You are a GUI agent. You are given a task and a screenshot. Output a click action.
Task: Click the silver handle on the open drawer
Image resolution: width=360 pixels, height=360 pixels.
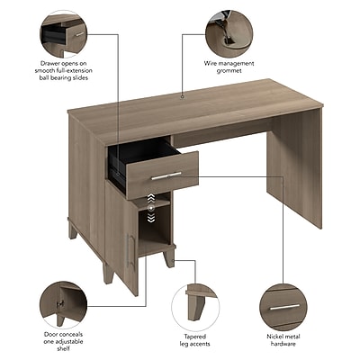click(166, 175)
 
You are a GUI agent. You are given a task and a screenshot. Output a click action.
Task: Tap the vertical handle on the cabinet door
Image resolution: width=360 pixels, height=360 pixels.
click(129, 250)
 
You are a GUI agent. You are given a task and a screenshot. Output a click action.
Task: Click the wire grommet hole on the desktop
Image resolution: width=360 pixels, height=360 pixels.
click(182, 97)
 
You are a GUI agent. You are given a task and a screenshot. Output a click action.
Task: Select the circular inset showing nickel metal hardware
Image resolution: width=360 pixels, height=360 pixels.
click(283, 307)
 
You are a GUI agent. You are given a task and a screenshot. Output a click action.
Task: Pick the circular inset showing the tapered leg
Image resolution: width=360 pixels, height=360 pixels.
click(195, 308)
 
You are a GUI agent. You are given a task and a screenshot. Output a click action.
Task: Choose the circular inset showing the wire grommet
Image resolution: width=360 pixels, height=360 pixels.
click(229, 33)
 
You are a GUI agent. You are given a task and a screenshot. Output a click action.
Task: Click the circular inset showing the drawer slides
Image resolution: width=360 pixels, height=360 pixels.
click(63, 33)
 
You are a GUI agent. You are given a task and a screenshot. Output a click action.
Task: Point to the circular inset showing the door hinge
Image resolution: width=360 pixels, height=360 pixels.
click(63, 305)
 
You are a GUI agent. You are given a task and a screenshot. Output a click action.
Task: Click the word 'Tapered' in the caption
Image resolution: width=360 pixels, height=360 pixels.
click(195, 337)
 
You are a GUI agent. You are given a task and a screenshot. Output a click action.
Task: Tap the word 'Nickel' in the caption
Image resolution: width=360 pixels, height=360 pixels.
click(275, 337)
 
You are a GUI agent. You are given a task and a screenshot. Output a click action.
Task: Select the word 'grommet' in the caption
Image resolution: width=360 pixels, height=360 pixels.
click(229, 71)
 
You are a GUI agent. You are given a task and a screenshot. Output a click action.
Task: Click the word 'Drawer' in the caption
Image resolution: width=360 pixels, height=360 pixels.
click(50, 64)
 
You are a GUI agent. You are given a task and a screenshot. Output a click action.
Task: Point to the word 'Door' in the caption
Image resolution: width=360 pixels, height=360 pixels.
click(50, 334)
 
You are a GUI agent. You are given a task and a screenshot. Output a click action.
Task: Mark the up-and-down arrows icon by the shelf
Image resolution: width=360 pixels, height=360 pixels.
click(151, 208)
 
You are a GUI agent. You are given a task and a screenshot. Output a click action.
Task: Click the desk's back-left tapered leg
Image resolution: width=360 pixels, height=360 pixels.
click(72, 230)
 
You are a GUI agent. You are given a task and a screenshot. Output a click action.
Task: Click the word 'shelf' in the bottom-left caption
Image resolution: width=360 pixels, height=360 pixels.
click(63, 348)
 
